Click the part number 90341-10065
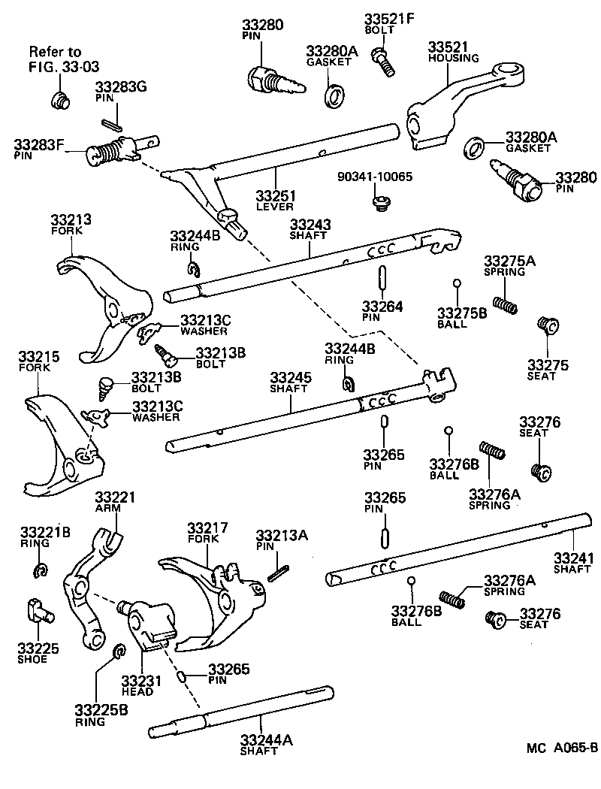375,177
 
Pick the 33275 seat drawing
546,325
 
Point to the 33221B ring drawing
41,571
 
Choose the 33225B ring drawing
118,651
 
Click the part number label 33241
574,558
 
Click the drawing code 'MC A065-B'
561,747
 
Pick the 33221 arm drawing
86,586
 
